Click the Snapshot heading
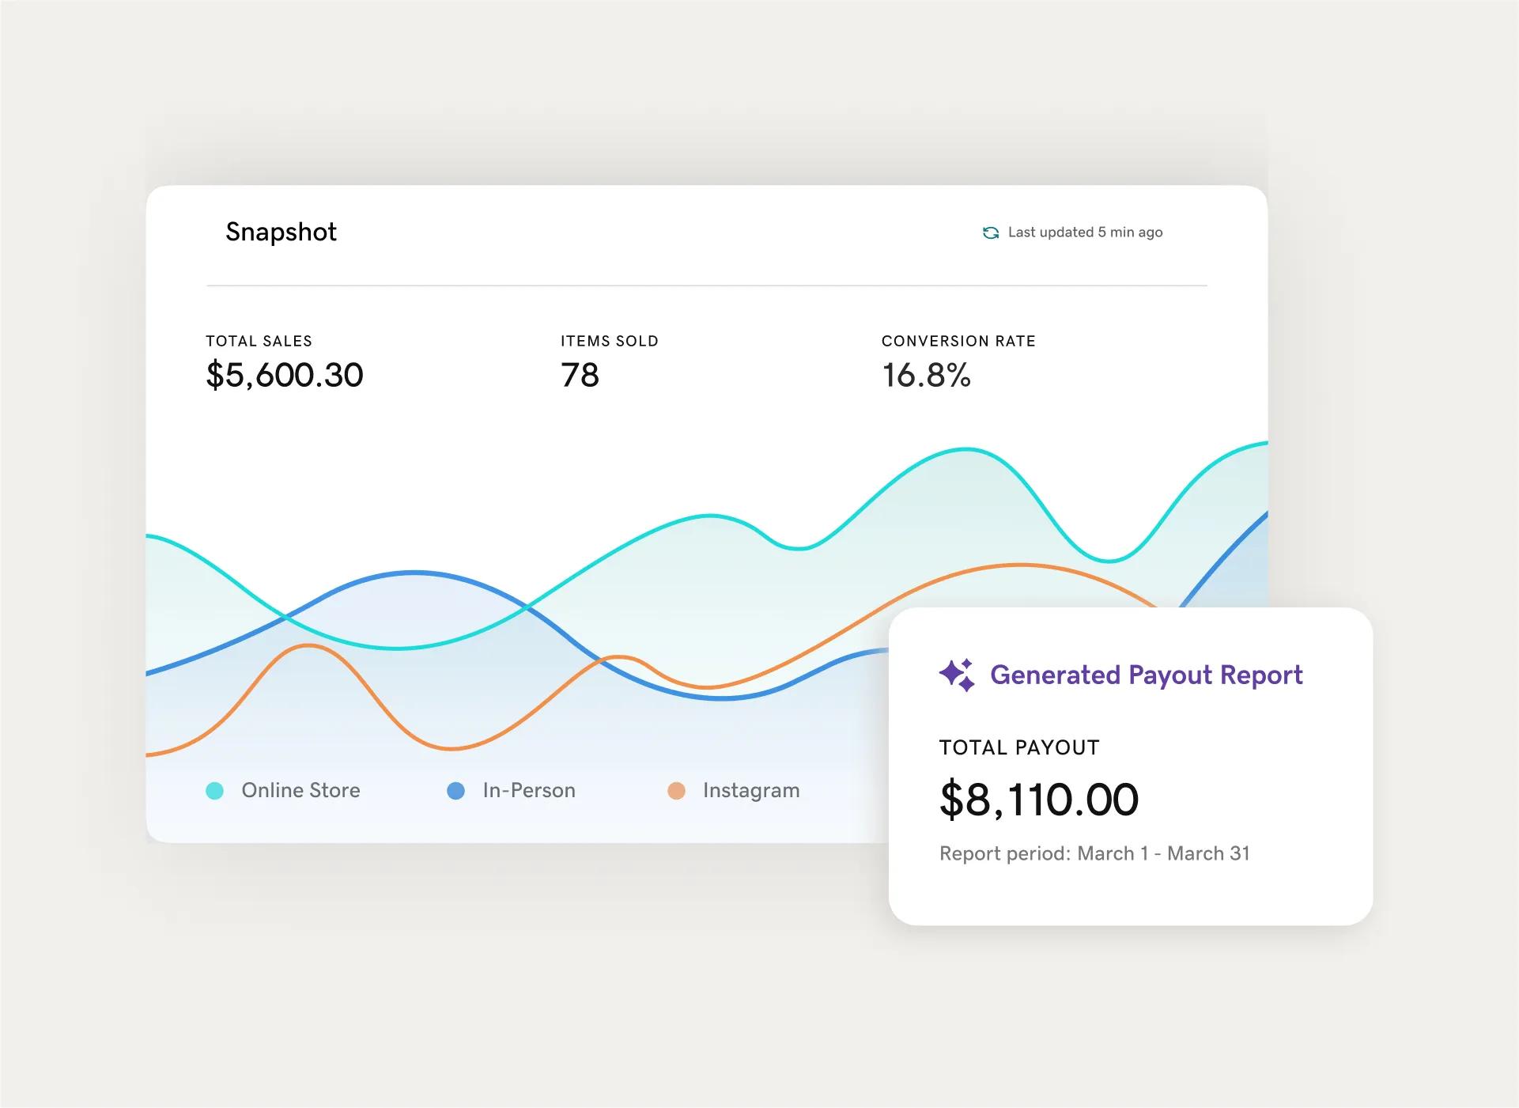click(281, 232)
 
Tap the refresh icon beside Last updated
click(990, 233)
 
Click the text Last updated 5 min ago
click(1085, 233)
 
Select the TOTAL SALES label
click(259, 341)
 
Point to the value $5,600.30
click(285, 375)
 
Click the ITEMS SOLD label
click(609, 341)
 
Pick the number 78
click(580, 375)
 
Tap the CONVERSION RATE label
click(958, 341)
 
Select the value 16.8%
click(926, 375)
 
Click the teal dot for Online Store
click(214, 791)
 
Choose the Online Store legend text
click(300, 790)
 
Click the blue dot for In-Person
click(455, 791)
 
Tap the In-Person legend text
click(529, 790)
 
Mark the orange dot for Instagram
click(676, 791)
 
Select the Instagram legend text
click(751, 790)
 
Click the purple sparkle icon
click(957, 675)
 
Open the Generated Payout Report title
click(1146, 675)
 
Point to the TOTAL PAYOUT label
click(1019, 747)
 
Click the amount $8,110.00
click(1039, 799)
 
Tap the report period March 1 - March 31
click(1094, 853)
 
